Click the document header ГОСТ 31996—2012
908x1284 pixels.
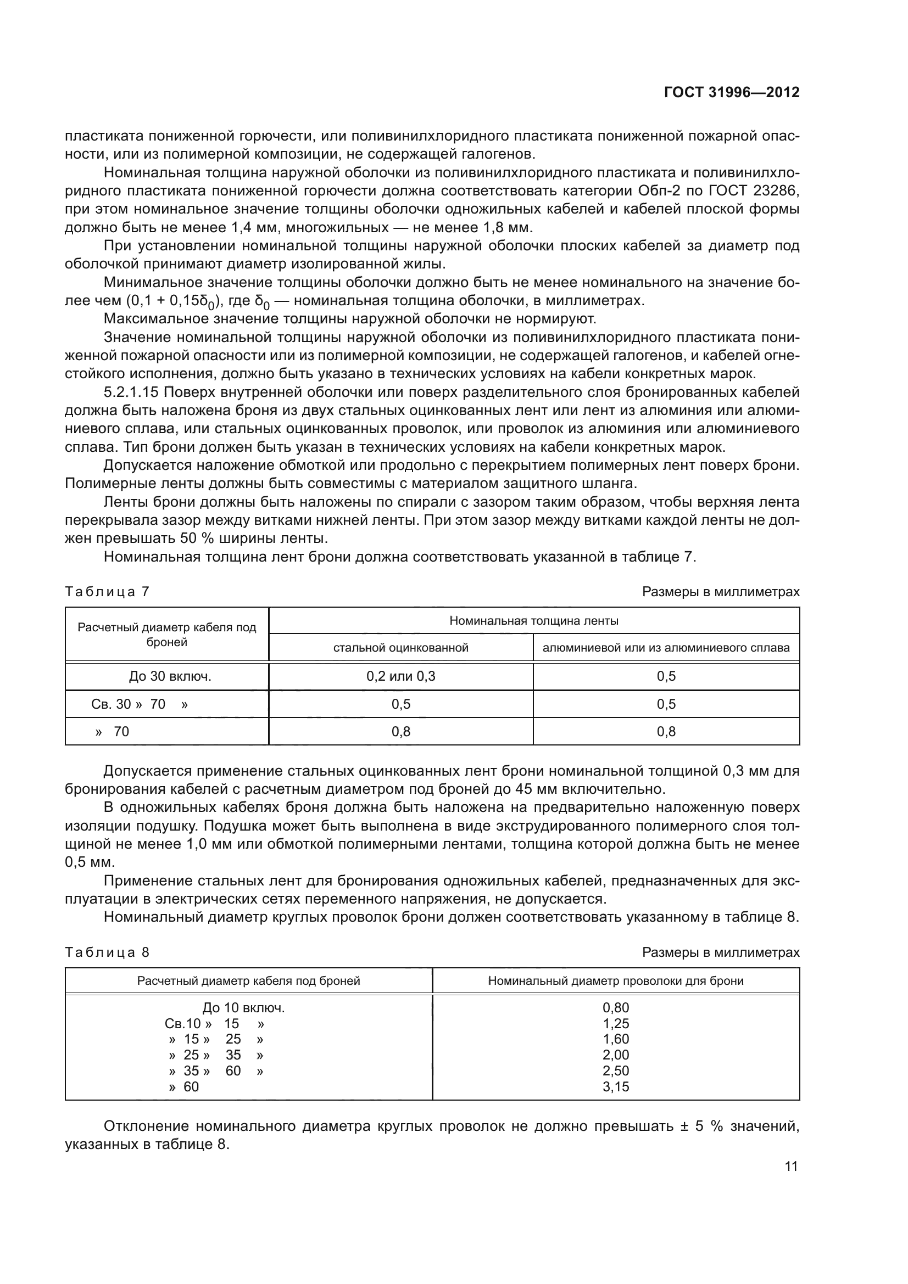click(x=731, y=92)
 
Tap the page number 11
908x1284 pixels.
click(x=791, y=1167)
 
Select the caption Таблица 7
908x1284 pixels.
click(x=107, y=592)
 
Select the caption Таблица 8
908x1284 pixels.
click(x=107, y=952)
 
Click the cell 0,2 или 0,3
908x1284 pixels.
click(x=400, y=676)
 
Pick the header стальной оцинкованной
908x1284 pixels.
click(x=400, y=648)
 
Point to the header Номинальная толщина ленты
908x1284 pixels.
click(x=534, y=621)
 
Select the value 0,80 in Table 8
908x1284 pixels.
click(x=615, y=1008)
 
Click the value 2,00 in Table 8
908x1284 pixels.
click(x=615, y=1055)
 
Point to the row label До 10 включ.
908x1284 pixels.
click(x=243, y=1008)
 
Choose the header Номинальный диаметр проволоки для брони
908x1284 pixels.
click(x=615, y=980)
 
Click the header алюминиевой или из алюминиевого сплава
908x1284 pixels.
click(x=666, y=648)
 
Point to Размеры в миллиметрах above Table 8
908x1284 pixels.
click(x=721, y=952)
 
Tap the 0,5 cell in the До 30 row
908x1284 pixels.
click(x=666, y=676)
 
